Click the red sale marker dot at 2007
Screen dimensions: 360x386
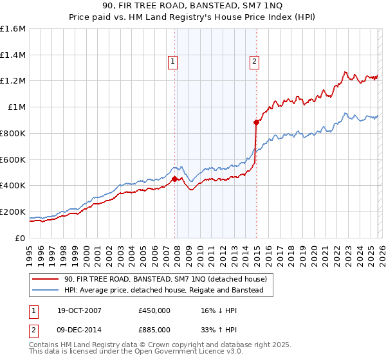(174, 179)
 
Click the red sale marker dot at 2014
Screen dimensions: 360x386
(256, 122)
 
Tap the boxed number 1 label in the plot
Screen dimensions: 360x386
(173, 62)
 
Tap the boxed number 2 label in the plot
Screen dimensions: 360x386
(255, 62)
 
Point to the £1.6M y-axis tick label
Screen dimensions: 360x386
(13, 29)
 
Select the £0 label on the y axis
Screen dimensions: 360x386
(20, 238)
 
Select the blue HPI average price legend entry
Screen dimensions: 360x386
(163, 291)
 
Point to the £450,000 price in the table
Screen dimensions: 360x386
(154, 310)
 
